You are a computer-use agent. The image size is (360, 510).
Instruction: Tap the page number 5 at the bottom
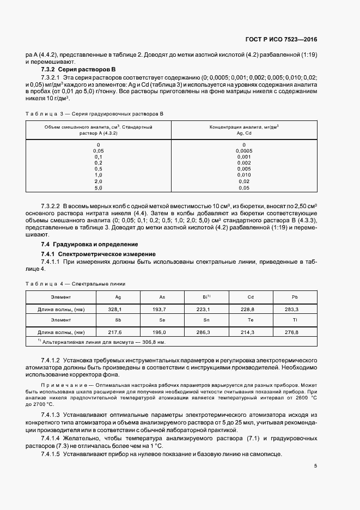tap(315, 466)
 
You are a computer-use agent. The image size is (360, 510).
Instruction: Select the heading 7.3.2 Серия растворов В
tap(79, 70)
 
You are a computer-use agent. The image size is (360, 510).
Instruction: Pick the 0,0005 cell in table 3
tap(243, 151)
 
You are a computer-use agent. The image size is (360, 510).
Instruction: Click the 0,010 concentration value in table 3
tap(243, 175)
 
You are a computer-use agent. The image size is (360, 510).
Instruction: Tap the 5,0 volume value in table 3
tap(98, 188)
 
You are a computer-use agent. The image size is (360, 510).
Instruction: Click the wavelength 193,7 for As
tap(162, 309)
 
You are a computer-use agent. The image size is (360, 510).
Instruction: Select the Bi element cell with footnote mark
tap(206, 297)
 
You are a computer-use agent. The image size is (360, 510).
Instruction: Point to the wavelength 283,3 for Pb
tap(295, 309)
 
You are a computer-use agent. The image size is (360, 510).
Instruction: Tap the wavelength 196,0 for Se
tap(162, 332)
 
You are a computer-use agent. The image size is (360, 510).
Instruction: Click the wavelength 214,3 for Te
tap(251, 332)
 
